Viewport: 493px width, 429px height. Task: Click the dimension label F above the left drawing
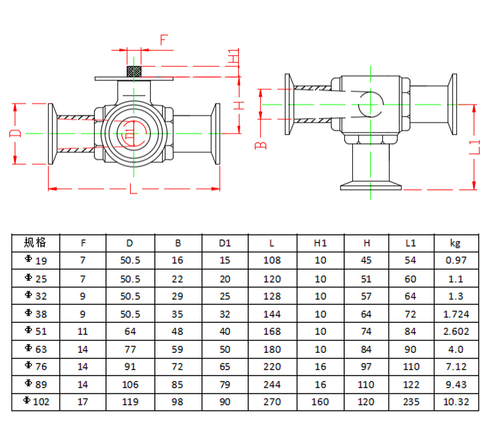click(x=163, y=39)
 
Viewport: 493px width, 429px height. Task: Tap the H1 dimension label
click(x=233, y=57)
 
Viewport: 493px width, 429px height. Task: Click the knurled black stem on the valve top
click(x=133, y=71)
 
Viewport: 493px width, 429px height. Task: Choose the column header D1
click(x=225, y=243)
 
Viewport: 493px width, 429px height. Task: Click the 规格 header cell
click(x=35, y=243)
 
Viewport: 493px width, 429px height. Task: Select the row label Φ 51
click(x=35, y=332)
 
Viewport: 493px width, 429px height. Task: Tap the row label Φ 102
click(x=35, y=402)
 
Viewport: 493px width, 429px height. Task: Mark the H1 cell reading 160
click(x=320, y=402)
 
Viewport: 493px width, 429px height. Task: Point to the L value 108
click(x=272, y=260)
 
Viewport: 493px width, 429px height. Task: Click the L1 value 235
click(x=411, y=402)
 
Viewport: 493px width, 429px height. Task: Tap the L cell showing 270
click(x=272, y=402)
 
